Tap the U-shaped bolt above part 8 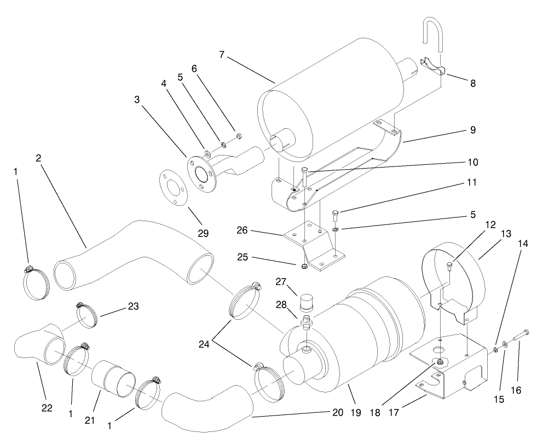point(433,36)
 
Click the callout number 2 point(39,158)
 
